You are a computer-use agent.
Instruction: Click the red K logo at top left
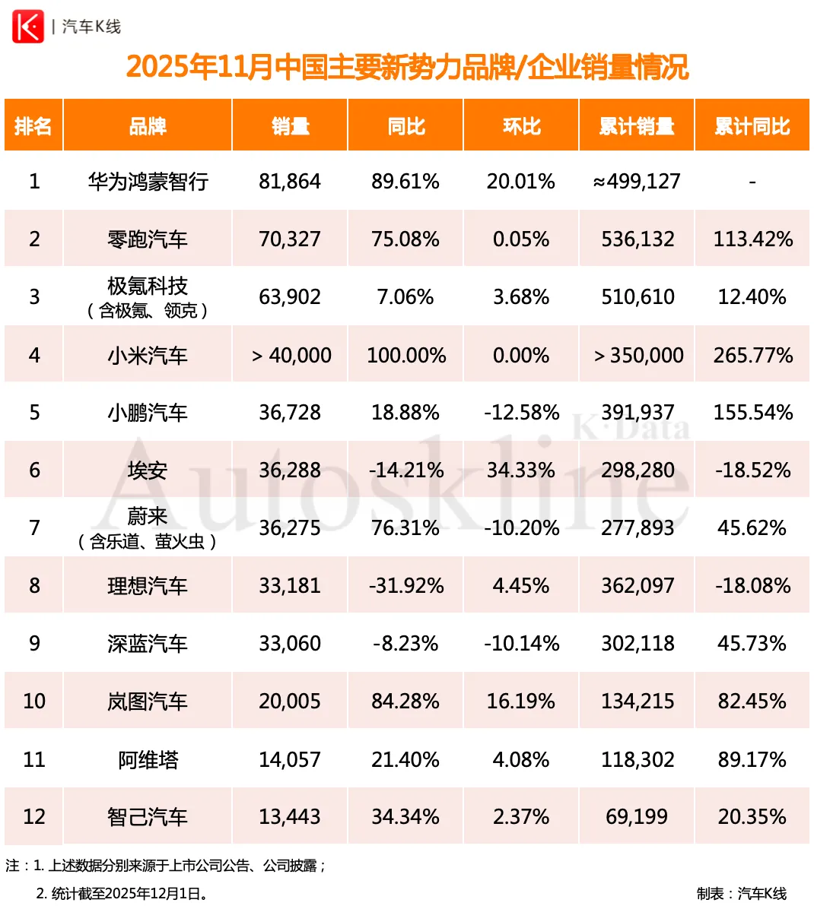point(28,27)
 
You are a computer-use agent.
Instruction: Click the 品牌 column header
point(148,126)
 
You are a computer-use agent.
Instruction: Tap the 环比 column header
point(521,126)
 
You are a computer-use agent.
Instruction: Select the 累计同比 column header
point(752,126)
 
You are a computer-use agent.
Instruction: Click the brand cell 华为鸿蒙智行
point(148,182)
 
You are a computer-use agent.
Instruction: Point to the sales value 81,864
point(290,182)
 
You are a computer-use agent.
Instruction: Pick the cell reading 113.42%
point(752,239)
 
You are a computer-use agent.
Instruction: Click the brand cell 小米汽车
point(148,355)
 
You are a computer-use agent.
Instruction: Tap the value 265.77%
point(752,355)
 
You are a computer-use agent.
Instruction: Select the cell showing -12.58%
point(521,413)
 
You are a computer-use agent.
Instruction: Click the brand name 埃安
point(148,470)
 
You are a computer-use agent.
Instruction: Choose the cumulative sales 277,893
point(638,528)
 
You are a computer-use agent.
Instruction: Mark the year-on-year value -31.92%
point(405,586)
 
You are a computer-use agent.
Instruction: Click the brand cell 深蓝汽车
point(148,644)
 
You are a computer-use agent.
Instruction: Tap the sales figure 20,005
point(290,702)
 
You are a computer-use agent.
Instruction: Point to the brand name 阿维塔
point(148,759)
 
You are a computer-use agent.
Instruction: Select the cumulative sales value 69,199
point(638,817)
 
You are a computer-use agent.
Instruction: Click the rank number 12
point(34,817)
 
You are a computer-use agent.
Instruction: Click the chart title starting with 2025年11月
point(407,67)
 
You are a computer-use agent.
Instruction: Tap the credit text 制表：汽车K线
point(741,893)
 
